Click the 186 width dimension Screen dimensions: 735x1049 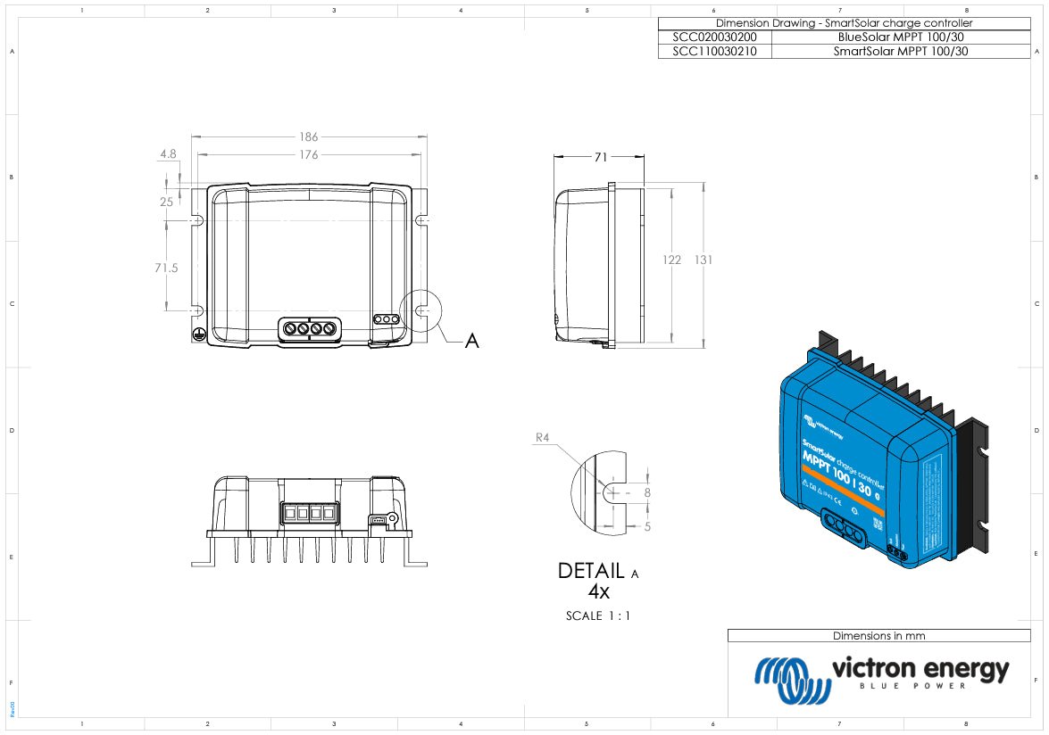point(308,137)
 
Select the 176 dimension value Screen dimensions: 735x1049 point(308,155)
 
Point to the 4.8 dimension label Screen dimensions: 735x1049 point(168,154)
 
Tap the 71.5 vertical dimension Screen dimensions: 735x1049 point(167,268)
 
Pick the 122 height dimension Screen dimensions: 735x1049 point(671,260)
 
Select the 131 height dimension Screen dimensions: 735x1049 point(703,260)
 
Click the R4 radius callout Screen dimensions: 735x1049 point(541,438)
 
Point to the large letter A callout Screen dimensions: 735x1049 point(472,341)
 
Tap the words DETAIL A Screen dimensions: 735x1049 point(597,571)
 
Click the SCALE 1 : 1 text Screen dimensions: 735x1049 point(598,615)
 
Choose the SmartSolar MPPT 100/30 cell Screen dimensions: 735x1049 point(900,52)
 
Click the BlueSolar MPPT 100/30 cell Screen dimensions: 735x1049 point(902,37)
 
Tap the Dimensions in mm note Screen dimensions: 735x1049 point(878,636)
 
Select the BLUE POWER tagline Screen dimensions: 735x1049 point(920,686)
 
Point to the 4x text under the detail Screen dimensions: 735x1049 point(597,590)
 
